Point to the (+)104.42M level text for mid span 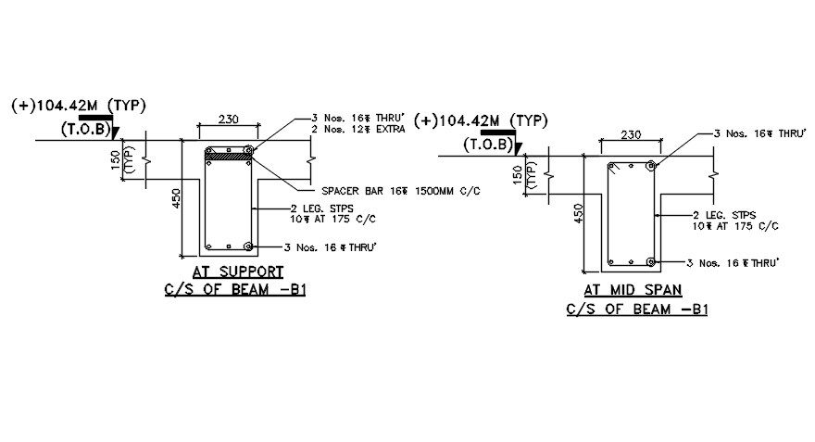(480, 120)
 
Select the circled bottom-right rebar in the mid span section (651, 262)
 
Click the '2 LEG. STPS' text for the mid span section (723, 215)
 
